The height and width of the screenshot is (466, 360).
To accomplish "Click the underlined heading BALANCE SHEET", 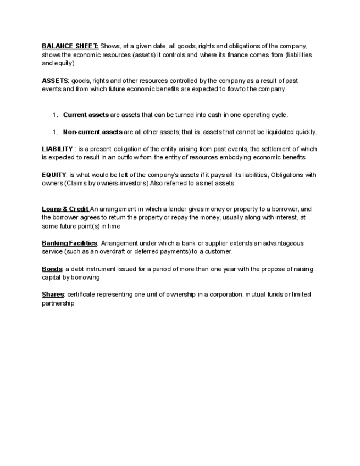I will pos(70,46).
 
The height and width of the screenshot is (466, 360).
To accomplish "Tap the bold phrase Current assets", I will pos(86,115).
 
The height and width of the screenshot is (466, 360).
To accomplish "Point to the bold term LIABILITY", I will pos(57,149).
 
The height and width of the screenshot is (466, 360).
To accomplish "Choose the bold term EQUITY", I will pos(54,175).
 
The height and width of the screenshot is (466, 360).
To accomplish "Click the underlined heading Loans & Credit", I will pos(65,209).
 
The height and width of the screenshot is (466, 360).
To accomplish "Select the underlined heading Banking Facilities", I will pos(69,243).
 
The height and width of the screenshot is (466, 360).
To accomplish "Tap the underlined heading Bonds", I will pos(52,269).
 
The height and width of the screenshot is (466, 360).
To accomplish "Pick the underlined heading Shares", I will pos(53,295).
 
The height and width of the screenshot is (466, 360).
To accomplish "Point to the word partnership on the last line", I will pos(58,303).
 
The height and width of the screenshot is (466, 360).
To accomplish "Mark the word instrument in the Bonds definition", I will pos(108,269).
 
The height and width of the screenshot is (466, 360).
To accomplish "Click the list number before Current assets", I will pos(54,115).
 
